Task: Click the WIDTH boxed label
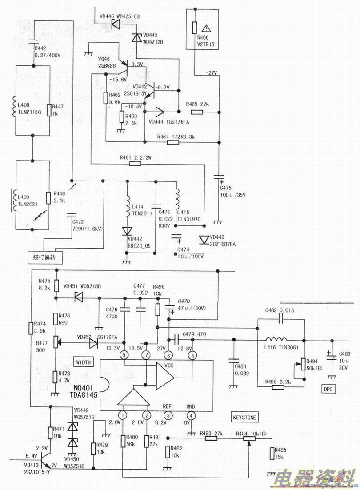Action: point(83,362)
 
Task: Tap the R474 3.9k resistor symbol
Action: point(30,328)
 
